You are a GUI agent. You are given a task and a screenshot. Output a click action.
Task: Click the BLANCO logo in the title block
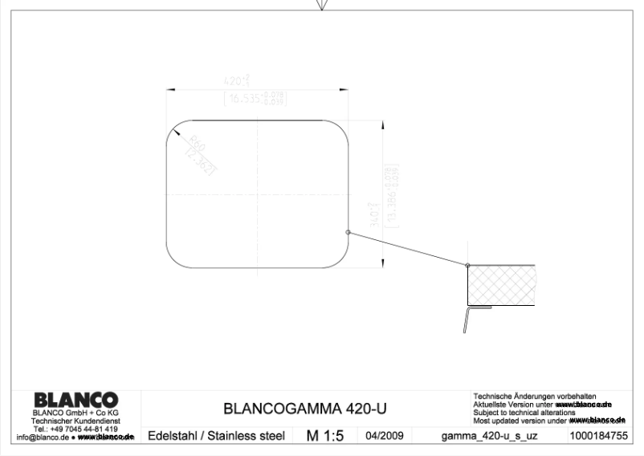tap(75, 400)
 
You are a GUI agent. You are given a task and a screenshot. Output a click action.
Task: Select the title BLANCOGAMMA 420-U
tap(304, 409)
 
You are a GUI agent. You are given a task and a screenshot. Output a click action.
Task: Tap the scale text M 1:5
tap(324, 436)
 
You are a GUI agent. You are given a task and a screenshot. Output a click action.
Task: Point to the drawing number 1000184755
tap(598, 437)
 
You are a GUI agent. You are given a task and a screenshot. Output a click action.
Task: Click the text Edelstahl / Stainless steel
tap(217, 437)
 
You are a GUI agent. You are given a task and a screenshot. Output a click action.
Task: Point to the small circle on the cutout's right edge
tap(348, 232)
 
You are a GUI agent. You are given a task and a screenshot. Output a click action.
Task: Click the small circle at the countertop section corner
tap(467, 265)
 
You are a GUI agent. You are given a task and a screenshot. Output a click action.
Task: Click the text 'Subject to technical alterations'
tap(524, 413)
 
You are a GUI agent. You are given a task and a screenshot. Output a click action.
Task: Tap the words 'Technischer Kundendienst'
tap(75, 422)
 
